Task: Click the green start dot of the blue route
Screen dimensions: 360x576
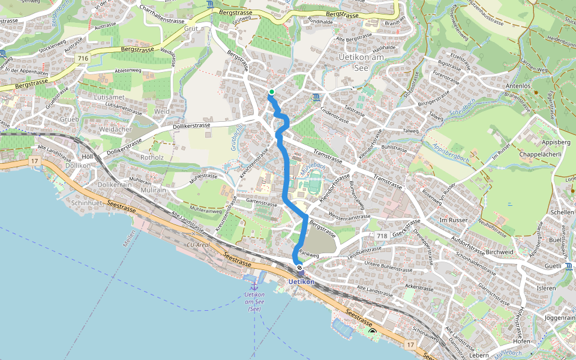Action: [271, 92]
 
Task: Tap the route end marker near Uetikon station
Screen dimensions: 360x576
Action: [299, 268]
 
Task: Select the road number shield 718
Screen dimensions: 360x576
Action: [383, 236]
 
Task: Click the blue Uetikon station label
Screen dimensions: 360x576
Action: [301, 281]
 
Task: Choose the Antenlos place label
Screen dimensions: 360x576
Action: [519, 86]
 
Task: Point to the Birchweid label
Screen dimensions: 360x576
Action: [499, 252]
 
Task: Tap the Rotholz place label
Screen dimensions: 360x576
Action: [152, 158]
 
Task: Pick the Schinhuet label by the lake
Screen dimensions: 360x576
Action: [89, 203]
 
